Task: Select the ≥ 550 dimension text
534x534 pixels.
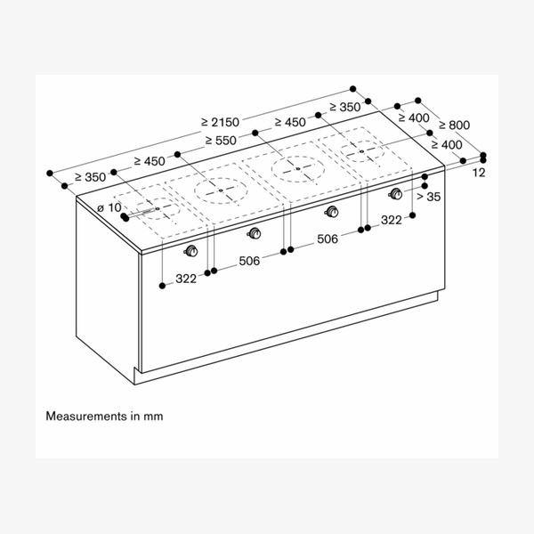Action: click(222, 141)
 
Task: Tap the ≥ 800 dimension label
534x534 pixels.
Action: click(454, 125)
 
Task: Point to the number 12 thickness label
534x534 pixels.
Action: click(479, 173)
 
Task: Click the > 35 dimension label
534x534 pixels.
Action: click(428, 197)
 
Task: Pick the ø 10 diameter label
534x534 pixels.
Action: click(109, 207)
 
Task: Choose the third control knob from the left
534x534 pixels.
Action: click(333, 212)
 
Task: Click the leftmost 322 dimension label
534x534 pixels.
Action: click(185, 279)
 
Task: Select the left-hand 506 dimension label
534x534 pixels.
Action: click(249, 262)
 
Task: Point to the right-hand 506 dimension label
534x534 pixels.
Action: click(327, 239)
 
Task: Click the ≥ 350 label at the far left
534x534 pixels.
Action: click(90, 177)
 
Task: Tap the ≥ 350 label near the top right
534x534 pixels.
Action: click(344, 107)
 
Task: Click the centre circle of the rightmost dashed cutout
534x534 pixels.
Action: click(362, 152)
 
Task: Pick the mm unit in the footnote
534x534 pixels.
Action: click(156, 416)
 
